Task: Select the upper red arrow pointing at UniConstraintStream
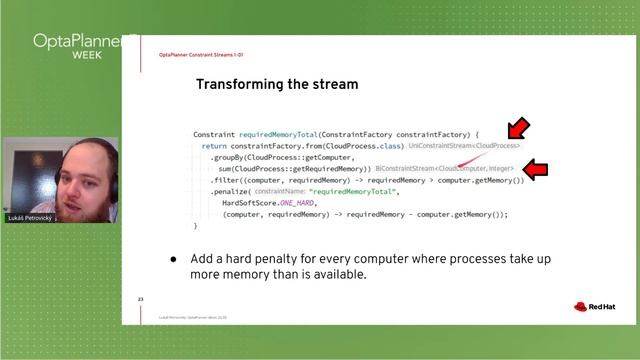[x=516, y=130]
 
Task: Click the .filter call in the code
[x=224, y=180]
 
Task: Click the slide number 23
[x=141, y=299]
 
